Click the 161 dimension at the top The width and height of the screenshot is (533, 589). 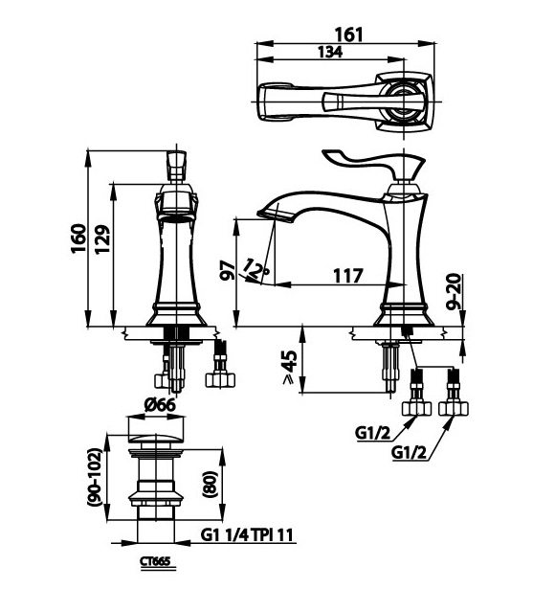pos(349,34)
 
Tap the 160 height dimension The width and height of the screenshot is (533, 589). pos(78,236)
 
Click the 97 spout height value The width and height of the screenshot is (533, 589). pos(226,269)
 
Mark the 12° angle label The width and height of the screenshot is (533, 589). pos(255,267)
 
